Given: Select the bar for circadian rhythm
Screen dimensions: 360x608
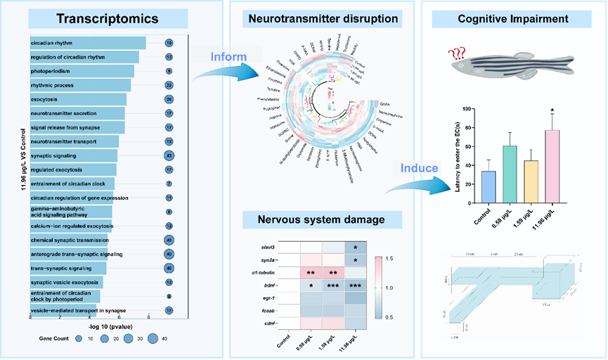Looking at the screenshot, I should click(88, 44).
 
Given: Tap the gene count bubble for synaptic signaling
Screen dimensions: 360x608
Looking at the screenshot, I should click(169, 155).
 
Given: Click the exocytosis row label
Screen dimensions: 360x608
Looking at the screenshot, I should click(45, 99).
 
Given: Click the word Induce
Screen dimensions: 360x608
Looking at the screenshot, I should click(420, 168).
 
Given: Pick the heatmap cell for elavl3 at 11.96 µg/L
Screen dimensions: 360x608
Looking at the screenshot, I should click(356, 247).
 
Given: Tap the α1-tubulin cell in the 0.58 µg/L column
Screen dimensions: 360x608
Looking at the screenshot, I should click(311, 273).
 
